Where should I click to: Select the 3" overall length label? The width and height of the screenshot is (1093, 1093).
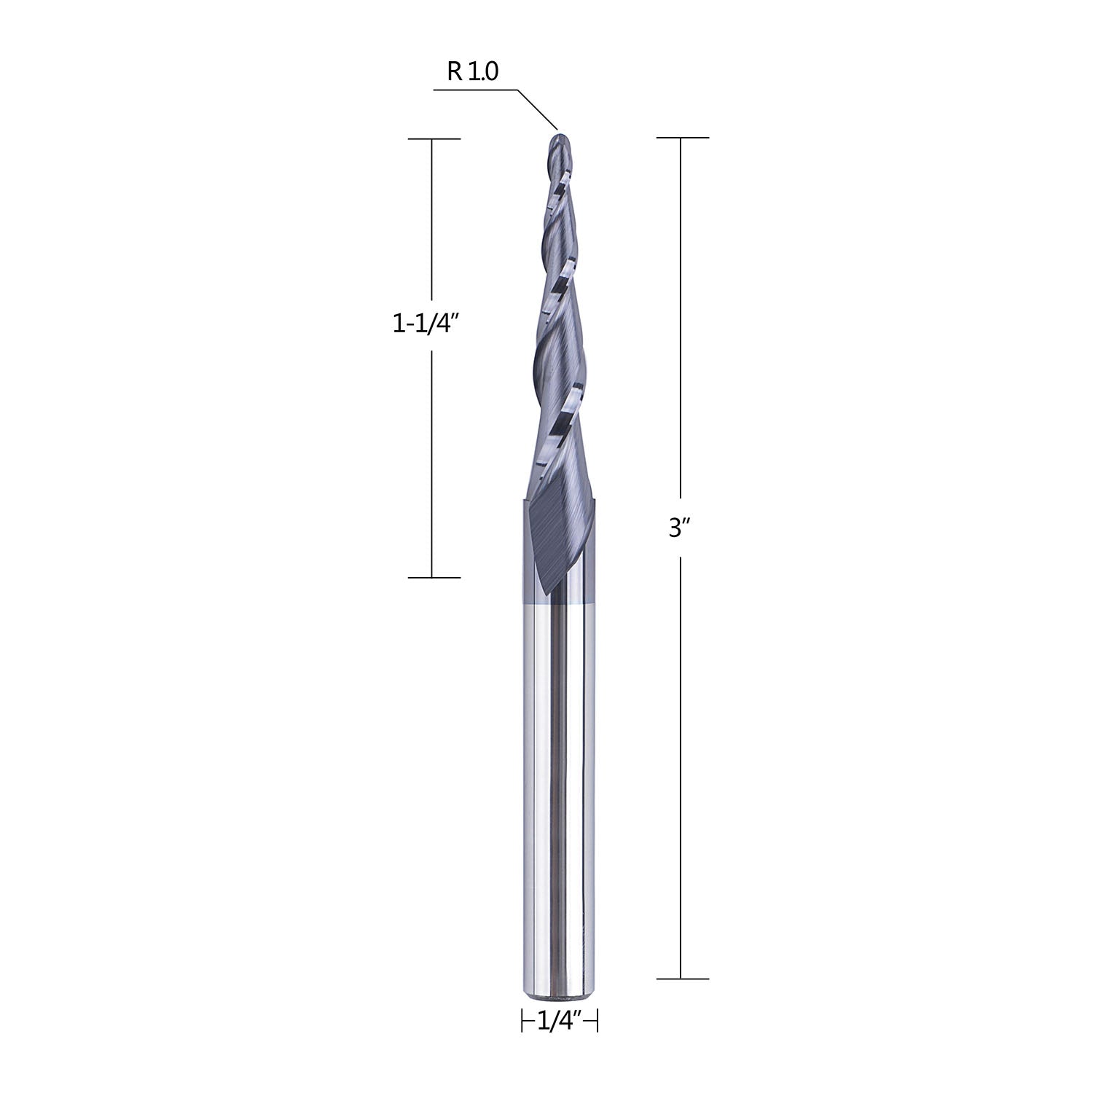click(x=679, y=528)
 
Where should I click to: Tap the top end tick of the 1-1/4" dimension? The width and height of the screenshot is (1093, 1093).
click(x=434, y=138)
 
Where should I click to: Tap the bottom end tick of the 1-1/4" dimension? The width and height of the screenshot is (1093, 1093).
click(x=434, y=578)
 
